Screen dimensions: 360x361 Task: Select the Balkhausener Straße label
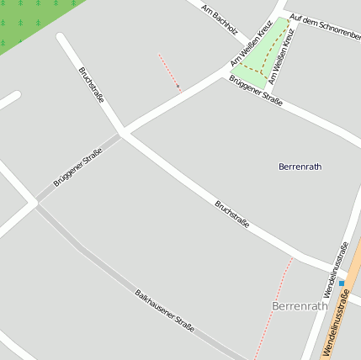[x=165, y=310]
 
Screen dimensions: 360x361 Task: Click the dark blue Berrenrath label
[x=300, y=167]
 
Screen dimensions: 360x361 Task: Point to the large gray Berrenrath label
[x=300, y=306]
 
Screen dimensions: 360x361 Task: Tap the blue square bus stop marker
[x=342, y=283]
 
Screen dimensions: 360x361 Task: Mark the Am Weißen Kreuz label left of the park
[x=250, y=50]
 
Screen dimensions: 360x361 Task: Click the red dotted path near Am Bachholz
[x=168, y=71]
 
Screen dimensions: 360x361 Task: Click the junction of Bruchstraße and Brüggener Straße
[x=123, y=132]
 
